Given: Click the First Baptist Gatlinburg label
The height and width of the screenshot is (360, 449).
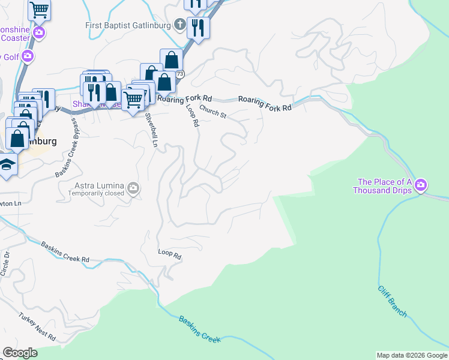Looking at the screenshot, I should point(128,25).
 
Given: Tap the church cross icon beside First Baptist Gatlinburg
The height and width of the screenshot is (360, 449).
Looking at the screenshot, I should point(179,25).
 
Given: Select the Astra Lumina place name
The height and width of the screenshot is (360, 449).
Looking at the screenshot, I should point(100,186).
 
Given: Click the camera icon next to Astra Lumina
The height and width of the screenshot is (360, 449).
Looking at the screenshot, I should point(133,189).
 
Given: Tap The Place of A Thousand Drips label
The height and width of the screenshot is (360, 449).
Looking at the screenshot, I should point(384,186).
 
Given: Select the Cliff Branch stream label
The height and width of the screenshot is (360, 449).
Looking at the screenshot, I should point(393,302).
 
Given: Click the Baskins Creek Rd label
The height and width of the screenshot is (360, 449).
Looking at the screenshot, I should point(65,252).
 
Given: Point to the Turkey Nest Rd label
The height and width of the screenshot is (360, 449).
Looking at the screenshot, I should point(37,326).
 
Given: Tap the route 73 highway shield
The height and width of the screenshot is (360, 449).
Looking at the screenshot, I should point(179,74).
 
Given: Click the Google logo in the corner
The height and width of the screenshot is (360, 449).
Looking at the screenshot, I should point(20,353).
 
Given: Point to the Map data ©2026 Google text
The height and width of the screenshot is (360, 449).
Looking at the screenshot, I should point(412,355).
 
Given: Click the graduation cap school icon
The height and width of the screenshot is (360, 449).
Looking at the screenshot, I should point(7,164).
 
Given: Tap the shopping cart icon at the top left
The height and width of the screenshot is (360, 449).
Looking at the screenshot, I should point(39,9).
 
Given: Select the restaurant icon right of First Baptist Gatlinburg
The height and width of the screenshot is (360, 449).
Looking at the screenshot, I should point(197,27).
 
